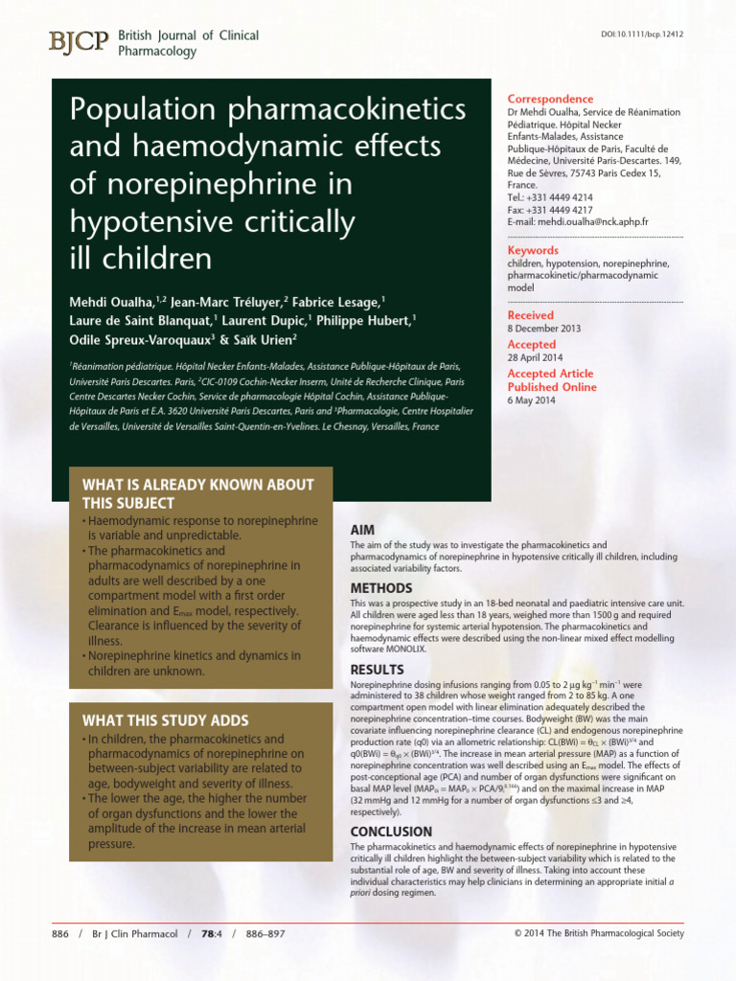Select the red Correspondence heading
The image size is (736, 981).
click(550, 99)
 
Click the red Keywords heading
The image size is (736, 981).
click(533, 250)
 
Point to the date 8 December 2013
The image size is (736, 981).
click(544, 329)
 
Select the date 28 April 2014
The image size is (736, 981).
click(536, 357)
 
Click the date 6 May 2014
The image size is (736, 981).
click(531, 400)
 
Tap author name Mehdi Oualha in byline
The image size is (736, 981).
click(113, 301)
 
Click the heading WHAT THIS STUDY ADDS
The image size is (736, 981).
click(165, 720)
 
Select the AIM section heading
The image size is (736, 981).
click(362, 529)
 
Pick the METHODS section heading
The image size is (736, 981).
click(381, 587)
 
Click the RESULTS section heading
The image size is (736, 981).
click(377, 670)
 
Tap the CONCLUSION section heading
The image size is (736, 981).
click(391, 832)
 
